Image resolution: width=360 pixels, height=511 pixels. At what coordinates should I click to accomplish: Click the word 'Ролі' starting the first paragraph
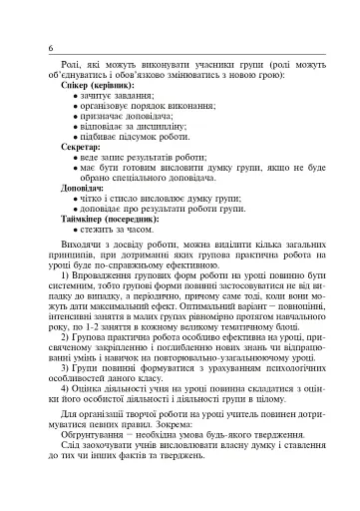(x=70, y=67)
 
